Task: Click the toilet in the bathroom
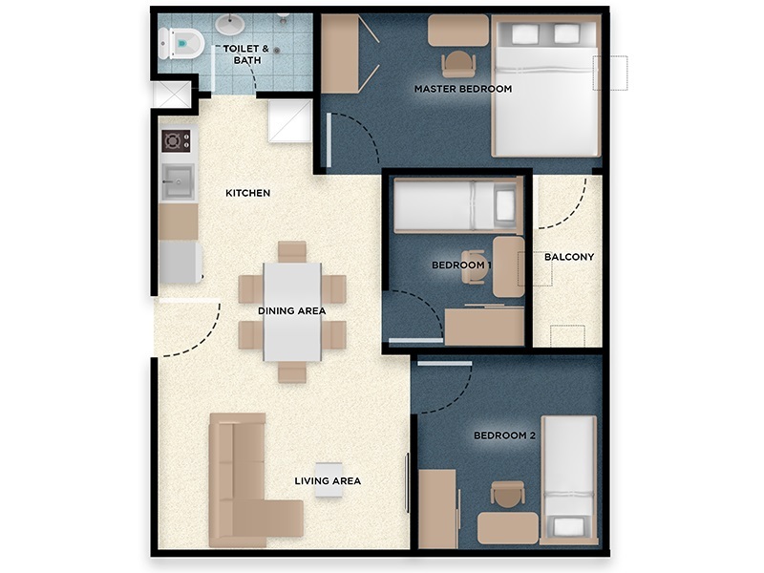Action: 180,43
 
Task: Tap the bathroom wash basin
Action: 230,24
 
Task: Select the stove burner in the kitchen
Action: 176,141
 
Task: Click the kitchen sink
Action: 178,181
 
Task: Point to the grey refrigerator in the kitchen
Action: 180,263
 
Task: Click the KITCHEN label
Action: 247,193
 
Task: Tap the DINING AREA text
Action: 292,311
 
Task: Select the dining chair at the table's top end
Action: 292,252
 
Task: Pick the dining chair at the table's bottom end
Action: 292,371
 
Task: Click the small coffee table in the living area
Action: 329,479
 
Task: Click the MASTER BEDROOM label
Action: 463,89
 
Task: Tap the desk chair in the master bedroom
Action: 458,64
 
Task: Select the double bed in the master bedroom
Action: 545,86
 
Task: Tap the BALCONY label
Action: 569,257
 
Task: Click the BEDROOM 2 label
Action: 505,435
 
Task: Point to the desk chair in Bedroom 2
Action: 508,494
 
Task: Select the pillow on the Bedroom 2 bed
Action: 569,527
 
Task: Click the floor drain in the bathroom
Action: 277,50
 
